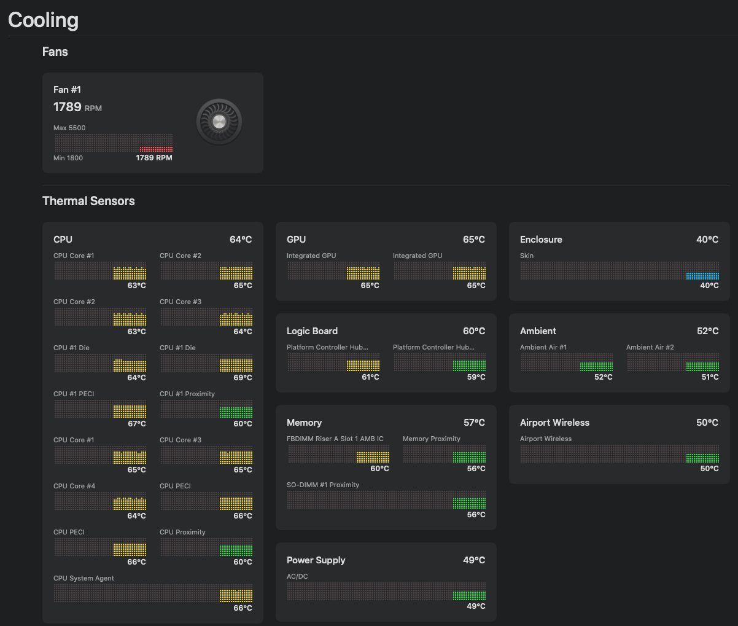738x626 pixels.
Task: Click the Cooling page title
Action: click(x=43, y=20)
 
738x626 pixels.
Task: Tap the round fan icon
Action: click(x=219, y=122)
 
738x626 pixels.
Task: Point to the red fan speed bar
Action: click(x=156, y=149)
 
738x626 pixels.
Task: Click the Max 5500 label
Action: click(x=69, y=128)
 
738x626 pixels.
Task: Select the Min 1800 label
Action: click(x=68, y=158)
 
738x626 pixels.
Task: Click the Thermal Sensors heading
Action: click(x=88, y=201)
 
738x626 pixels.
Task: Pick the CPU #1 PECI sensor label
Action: click(x=74, y=394)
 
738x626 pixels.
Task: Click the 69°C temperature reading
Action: click(x=243, y=378)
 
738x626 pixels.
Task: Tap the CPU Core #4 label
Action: click(x=74, y=486)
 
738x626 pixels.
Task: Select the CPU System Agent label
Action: click(x=84, y=578)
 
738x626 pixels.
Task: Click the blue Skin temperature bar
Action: click(x=702, y=276)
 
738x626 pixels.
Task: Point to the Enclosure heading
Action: click(x=541, y=240)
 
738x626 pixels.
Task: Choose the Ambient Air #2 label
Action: click(x=650, y=347)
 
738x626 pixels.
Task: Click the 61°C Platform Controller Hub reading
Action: click(x=370, y=377)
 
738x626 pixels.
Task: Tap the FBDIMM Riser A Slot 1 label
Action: click(x=335, y=439)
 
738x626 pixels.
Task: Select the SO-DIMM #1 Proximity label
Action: click(x=323, y=485)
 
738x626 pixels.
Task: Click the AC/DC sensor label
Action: click(x=297, y=576)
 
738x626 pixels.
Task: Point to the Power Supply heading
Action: click(x=316, y=560)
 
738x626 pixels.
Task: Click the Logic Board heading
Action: click(x=312, y=331)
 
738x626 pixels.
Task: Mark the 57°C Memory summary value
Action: click(x=474, y=423)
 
